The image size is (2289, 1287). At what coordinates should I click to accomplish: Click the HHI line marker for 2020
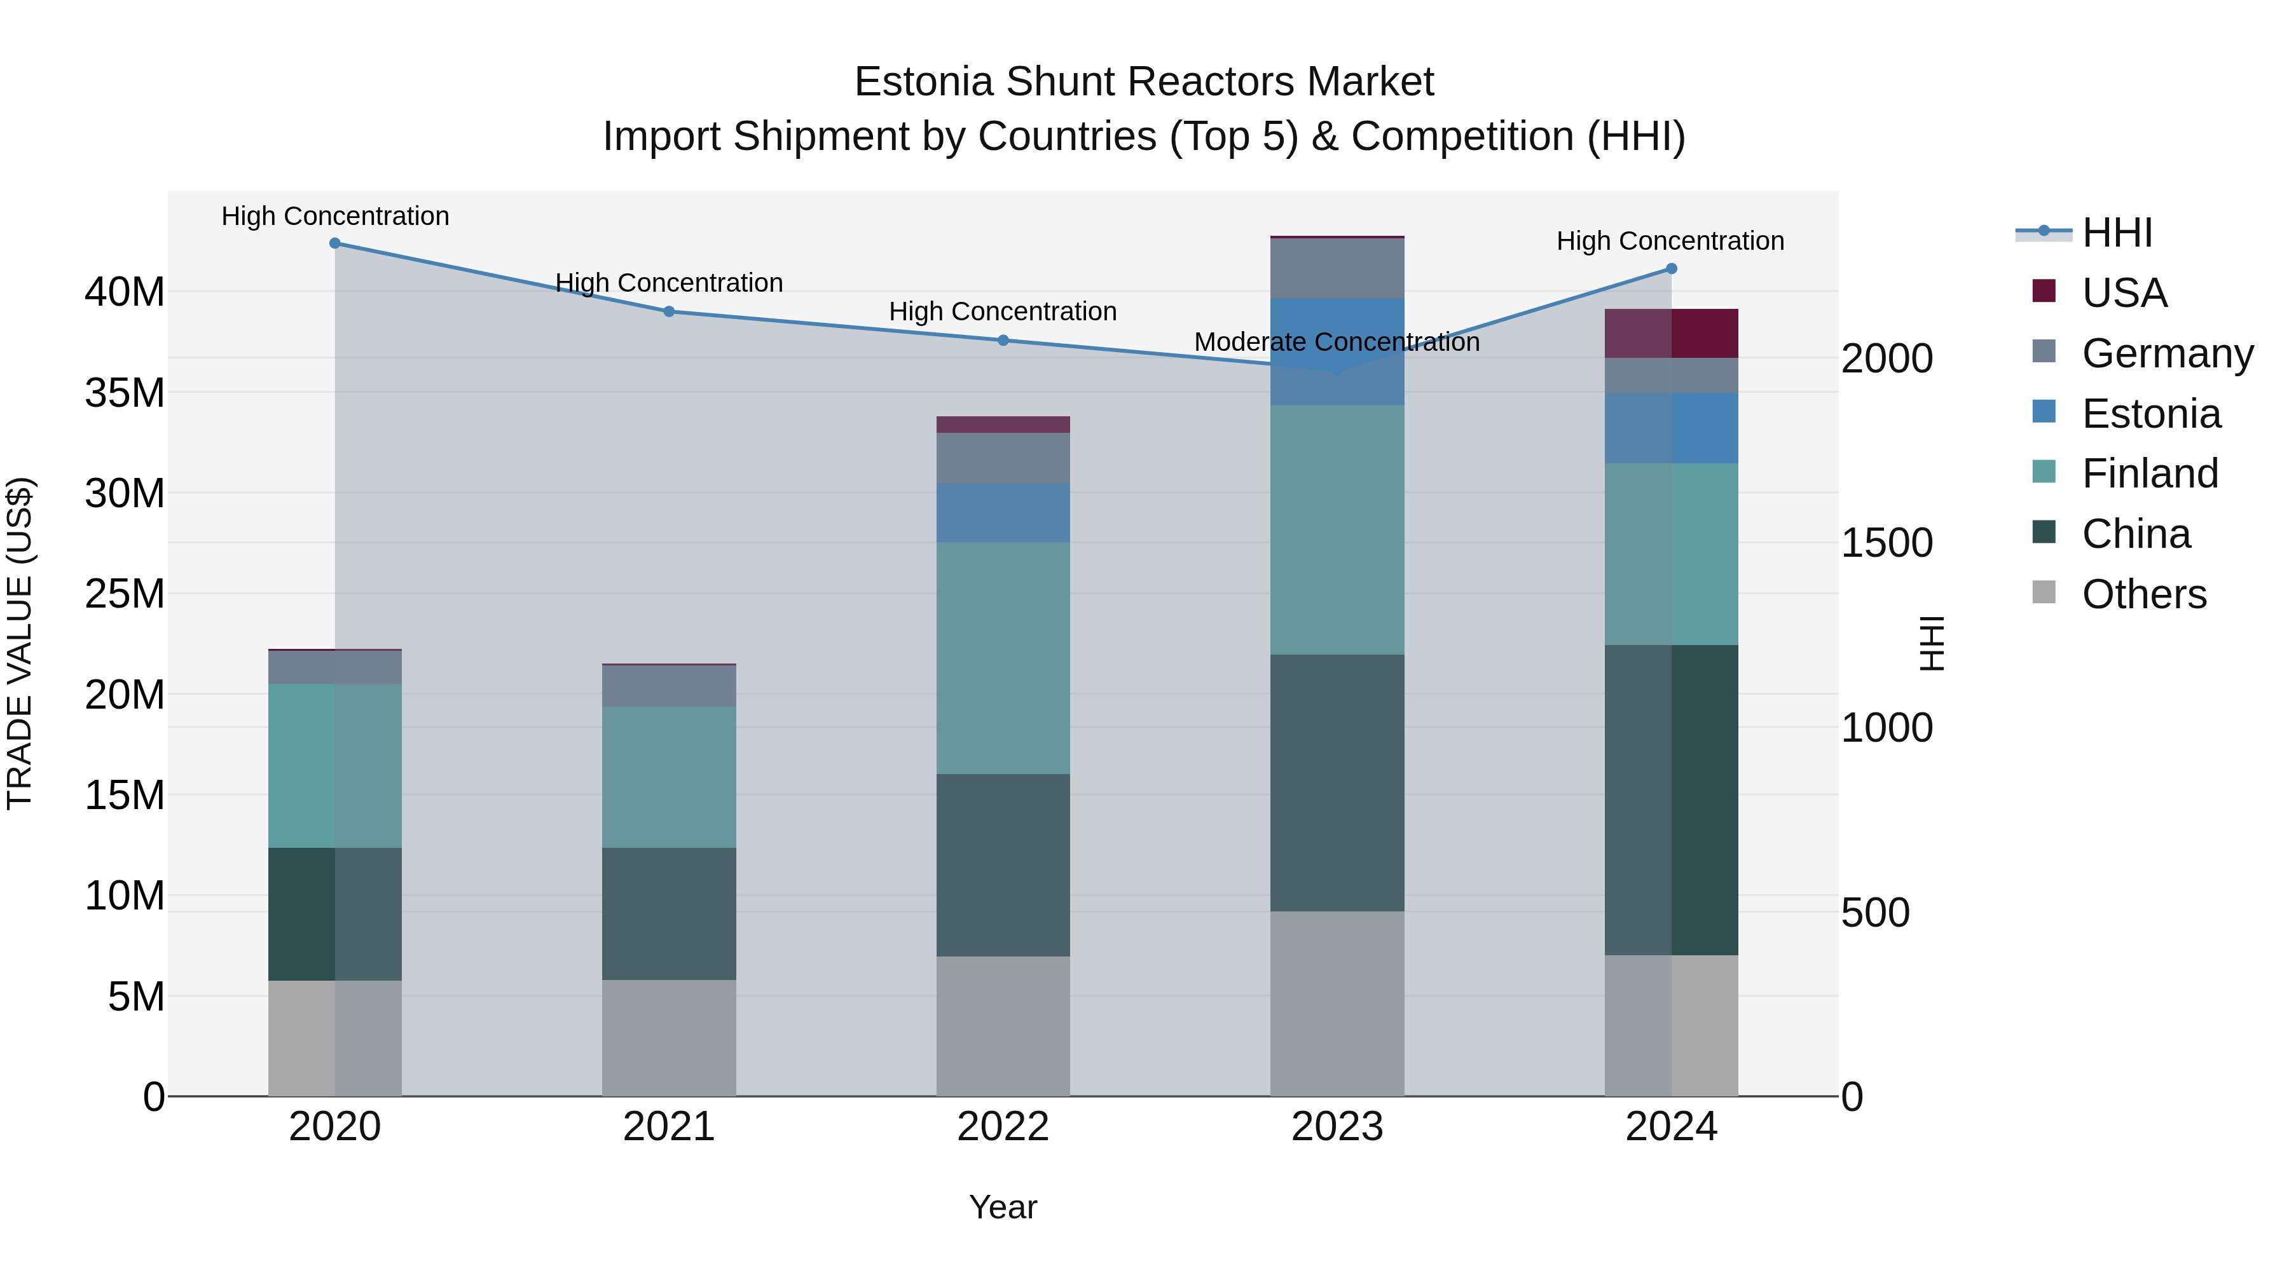pos(335,243)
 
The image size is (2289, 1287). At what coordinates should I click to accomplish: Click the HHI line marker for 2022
pos(1003,340)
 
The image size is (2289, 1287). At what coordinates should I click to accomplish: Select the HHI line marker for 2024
pos(1672,268)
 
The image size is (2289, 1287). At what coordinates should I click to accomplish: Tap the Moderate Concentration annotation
pos(1337,342)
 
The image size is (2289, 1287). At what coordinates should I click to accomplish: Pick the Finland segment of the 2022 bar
pos(1003,658)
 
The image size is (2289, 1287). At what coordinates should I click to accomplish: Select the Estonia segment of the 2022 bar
pos(1003,512)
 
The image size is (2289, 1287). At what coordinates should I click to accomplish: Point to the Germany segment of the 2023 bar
pos(1337,268)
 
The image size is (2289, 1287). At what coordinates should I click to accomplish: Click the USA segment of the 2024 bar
pos(1672,333)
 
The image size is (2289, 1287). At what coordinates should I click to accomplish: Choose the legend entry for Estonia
pos(2150,414)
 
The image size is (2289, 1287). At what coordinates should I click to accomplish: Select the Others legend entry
pos(2143,594)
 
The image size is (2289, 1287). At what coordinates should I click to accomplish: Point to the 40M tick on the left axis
pos(125,292)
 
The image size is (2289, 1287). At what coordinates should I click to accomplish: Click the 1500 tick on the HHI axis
pos(1886,543)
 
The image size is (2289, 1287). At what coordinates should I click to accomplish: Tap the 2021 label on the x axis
pos(669,1127)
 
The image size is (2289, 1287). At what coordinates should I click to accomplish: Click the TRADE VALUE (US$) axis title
pos(20,643)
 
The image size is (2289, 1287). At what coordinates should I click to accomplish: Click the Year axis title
pos(1003,1207)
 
